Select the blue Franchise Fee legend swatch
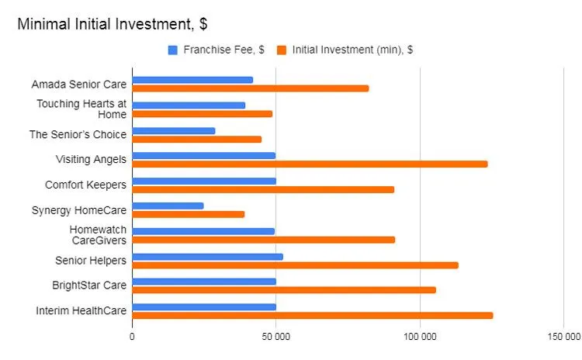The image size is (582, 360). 173,50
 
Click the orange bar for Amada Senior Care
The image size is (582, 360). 250,88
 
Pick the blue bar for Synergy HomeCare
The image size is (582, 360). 168,206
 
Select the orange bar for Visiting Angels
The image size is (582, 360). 310,164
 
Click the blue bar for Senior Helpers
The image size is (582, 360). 207,256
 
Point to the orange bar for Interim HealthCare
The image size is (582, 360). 312,315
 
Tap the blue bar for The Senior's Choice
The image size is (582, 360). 173,130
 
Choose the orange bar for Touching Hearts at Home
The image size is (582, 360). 202,113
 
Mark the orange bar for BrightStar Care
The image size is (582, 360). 283,289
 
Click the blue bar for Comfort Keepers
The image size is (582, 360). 203,181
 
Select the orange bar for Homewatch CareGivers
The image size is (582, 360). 263,239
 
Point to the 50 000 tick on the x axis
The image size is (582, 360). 276,337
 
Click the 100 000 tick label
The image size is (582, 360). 420,337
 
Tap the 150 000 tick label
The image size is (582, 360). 563,337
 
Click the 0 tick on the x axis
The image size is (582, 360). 132,337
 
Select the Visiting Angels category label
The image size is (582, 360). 91,159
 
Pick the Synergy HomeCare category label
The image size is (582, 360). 78,209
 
